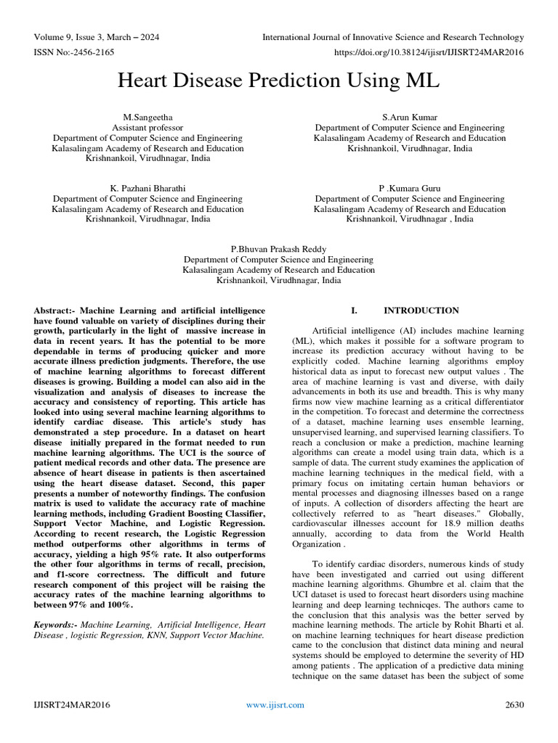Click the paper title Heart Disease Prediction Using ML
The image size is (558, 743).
point(278,81)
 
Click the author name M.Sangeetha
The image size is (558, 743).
point(147,116)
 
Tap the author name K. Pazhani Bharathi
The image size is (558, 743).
point(147,188)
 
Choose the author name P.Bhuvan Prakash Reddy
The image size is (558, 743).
point(278,248)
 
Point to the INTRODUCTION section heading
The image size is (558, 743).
point(421,311)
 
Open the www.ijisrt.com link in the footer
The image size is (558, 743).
point(275,705)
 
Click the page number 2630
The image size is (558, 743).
point(514,705)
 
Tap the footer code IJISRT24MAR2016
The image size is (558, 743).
point(72,705)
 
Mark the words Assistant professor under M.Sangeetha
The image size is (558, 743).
point(147,127)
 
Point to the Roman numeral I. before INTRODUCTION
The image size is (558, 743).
point(355,311)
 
